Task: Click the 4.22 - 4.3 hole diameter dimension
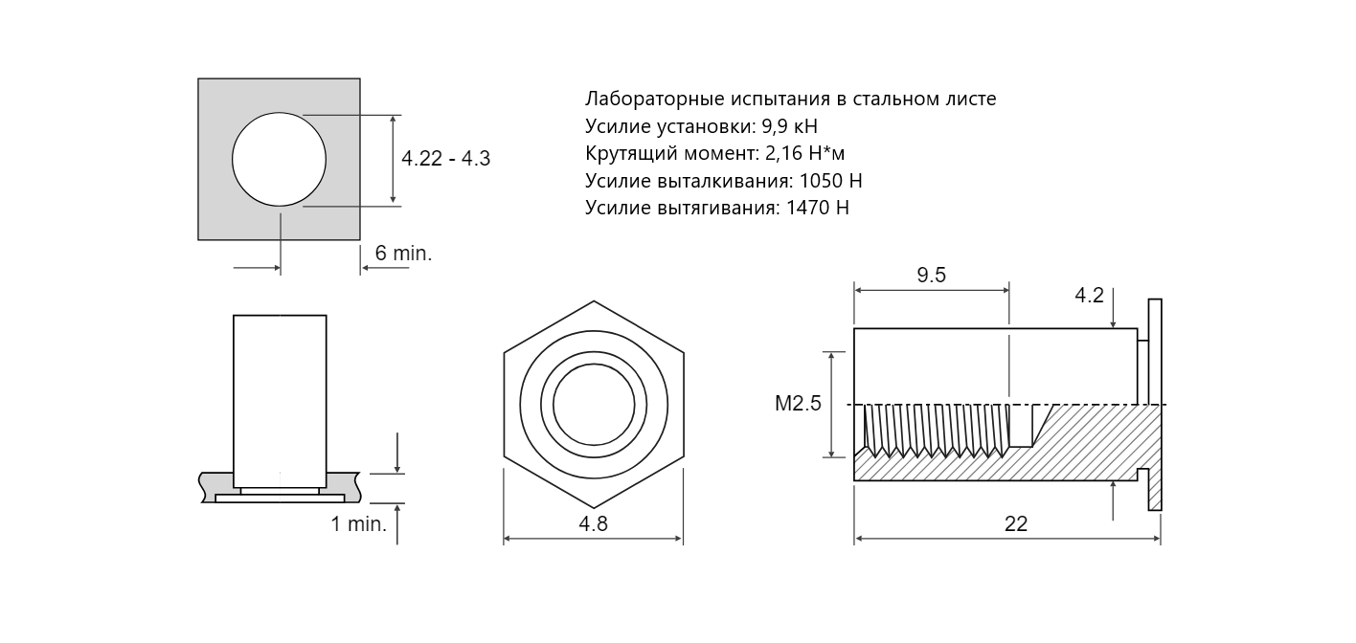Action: (x=445, y=159)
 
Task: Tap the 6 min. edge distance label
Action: (x=403, y=253)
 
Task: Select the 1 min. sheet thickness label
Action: (x=358, y=523)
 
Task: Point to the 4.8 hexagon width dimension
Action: (x=594, y=523)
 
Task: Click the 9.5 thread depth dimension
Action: (x=931, y=276)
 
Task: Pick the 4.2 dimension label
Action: (x=1089, y=296)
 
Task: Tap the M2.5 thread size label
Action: (x=798, y=404)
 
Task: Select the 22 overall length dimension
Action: (x=1016, y=523)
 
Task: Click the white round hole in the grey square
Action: (x=279, y=159)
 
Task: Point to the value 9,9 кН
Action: (x=789, y=125)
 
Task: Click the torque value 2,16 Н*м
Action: (x=804, y=154)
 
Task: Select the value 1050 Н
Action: (x=830, y=181)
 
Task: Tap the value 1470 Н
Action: (x=817, y=208)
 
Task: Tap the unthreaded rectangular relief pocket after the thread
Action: (x=1021, y=426)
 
